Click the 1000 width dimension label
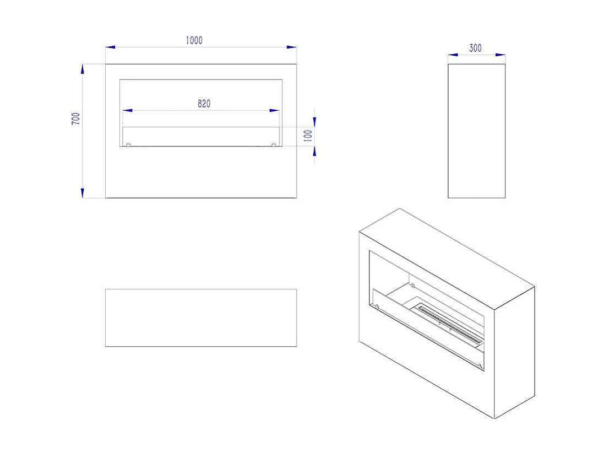point(194,40)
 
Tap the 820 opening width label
point(204,103)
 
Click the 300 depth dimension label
point(475,48)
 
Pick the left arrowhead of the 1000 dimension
point(110,47)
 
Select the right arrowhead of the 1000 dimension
point(292,47)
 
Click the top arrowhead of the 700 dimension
point(83,68)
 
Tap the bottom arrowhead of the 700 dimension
point(83,193)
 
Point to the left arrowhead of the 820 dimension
point(127,111)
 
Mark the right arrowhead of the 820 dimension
point(274,111)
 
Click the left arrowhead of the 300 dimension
point(453,55)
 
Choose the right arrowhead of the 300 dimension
point(501,55)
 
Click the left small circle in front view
point(128,146)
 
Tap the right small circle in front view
point(274,146)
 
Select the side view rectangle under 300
point(476,131)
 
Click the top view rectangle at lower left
point(201,318)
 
